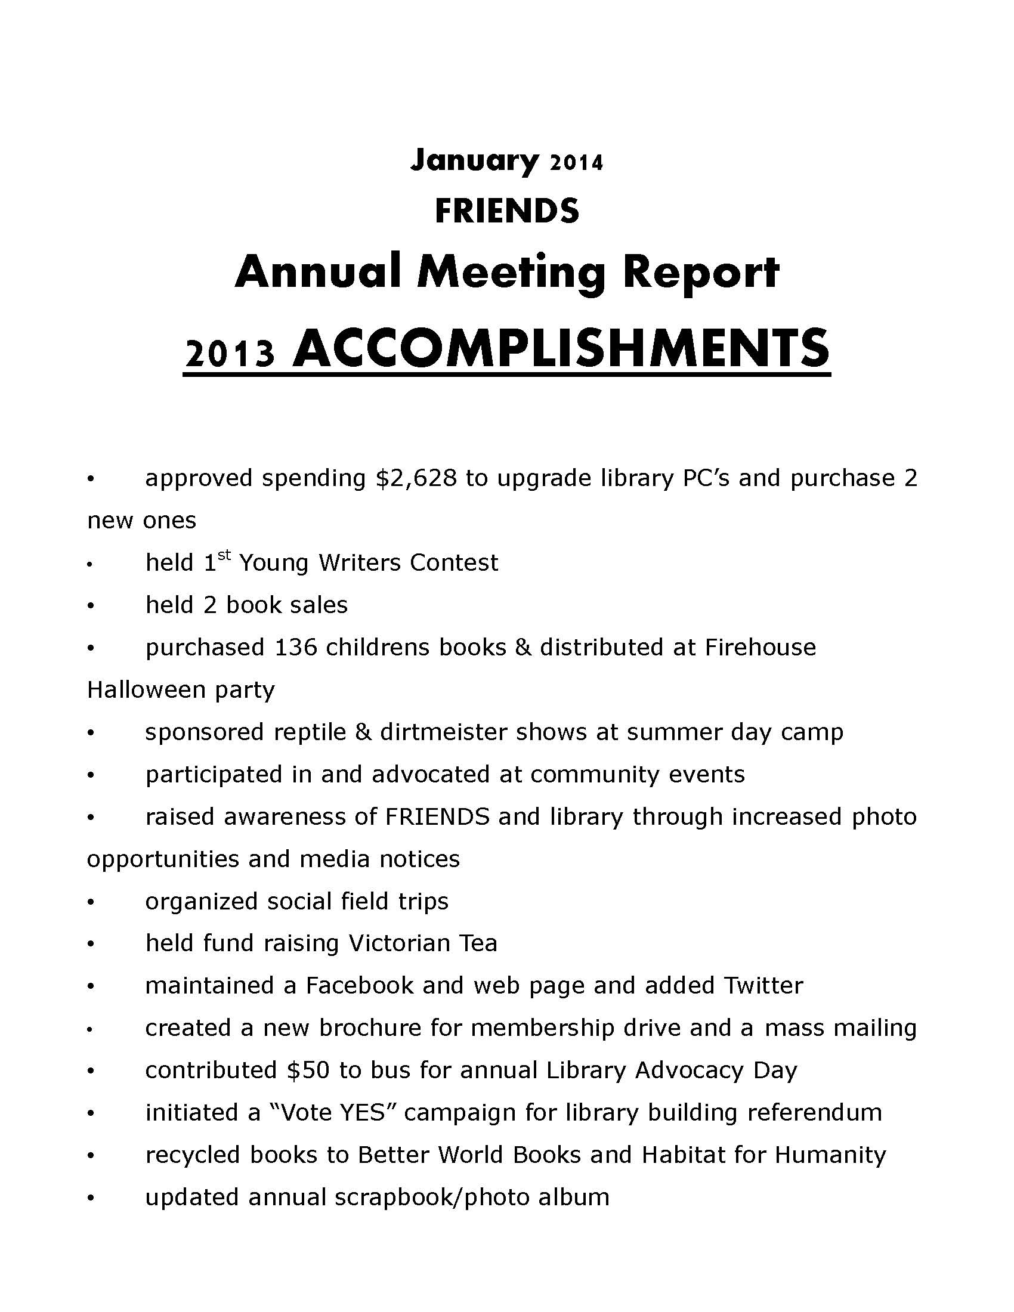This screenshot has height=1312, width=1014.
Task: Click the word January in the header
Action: [474, 160]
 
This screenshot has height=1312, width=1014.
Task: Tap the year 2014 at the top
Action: [576, 163]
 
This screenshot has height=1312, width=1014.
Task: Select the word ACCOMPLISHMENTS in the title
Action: [561, 348]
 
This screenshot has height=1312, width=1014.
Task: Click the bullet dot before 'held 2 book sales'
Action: [91, 605]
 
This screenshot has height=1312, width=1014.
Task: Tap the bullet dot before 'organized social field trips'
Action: [91, 902]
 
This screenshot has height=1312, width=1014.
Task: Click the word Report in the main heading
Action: [700, 273]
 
